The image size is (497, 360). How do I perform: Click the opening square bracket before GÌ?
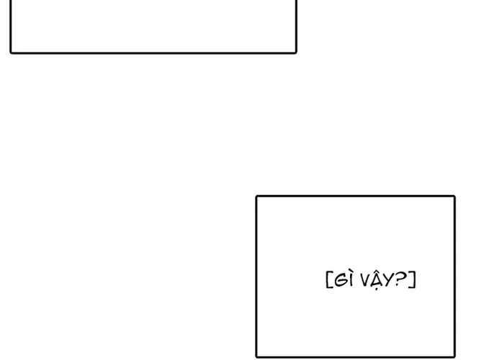click(x=328, y=279)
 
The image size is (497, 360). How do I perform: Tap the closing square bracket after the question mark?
click(x=413, y=279)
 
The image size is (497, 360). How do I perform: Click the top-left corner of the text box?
click(x=257, y=197)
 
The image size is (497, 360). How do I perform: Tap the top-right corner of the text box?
click(x=455, y=197)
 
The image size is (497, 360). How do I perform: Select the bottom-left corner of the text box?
click(x=257, y=356)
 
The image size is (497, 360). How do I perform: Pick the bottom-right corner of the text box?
click(x=455, y=356)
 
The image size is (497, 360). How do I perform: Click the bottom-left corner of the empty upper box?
click(x=12, y=52)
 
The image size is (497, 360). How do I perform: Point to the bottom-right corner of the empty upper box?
click(x=295, y=52)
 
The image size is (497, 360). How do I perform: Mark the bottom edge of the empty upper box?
click(x=153, y=53)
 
